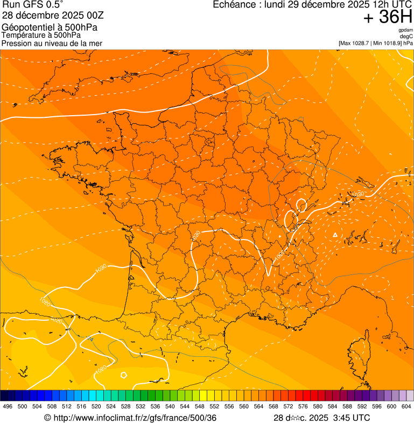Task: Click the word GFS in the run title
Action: [33, 5]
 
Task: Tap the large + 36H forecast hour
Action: [388, 17]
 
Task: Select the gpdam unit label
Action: [406, 30]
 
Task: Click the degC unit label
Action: [406, 37]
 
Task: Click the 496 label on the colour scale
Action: [8, 406]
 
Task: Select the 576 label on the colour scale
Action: [303, 406]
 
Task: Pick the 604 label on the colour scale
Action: [406, 406]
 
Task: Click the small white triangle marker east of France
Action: [335, 235]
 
